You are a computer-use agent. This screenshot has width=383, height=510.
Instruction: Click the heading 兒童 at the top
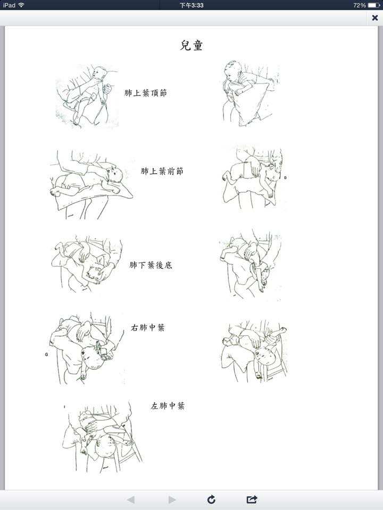point(191,46)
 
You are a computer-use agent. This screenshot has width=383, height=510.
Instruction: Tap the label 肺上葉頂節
point(146,93)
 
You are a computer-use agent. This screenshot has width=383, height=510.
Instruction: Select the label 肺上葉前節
point(162,171)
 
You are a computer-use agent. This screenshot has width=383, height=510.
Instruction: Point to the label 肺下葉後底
point(151,265)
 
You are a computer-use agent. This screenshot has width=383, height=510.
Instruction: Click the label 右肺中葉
point(147,328)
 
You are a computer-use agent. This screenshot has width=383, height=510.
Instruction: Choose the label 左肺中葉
point(168,405)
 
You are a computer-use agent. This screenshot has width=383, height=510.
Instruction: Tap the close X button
point(375,18)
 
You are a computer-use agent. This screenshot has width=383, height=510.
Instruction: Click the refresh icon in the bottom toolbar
point(211,499)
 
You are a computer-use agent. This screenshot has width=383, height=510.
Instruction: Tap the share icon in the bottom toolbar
point(252,499)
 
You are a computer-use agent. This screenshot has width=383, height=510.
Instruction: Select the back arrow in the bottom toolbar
point(131,499)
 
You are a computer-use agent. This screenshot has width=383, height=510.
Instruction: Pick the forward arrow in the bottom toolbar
point(172,499)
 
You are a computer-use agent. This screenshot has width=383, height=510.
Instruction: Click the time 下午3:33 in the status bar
point(191,5)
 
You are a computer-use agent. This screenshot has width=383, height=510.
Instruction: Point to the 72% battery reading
point(359,5)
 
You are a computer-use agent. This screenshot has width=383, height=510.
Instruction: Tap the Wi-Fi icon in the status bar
point(21,5)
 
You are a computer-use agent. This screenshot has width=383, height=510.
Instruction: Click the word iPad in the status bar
point(9,5)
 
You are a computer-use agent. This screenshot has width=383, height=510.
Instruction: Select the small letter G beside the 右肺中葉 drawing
point(46,354)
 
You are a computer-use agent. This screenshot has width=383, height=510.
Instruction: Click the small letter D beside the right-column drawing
point(285,177)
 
